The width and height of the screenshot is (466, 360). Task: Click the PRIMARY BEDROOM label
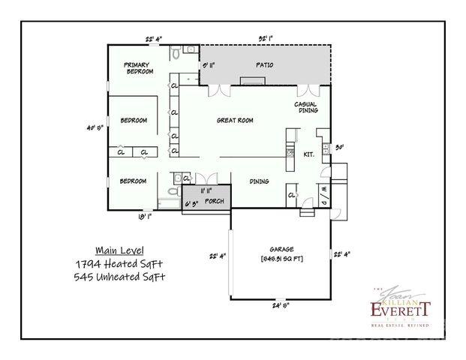pyautogui.click(x=140, y=67)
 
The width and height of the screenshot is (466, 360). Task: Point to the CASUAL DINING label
pyautogui.click(x=308, y=106)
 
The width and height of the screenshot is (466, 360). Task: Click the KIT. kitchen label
pyautogui.click(x=308, y=154)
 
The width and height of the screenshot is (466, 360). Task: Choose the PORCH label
pyautogui.click(x=214, y=201)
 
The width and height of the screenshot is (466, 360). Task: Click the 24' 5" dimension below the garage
pyautogui.click(x=281, y=305)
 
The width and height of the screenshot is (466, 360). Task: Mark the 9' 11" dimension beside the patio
pyautogui.click(x=211, y=65)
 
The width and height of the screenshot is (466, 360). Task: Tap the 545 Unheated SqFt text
pyautogui.click(x=120, y=277)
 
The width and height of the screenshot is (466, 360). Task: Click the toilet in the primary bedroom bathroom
pyautogui.click(x=174, y=54)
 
